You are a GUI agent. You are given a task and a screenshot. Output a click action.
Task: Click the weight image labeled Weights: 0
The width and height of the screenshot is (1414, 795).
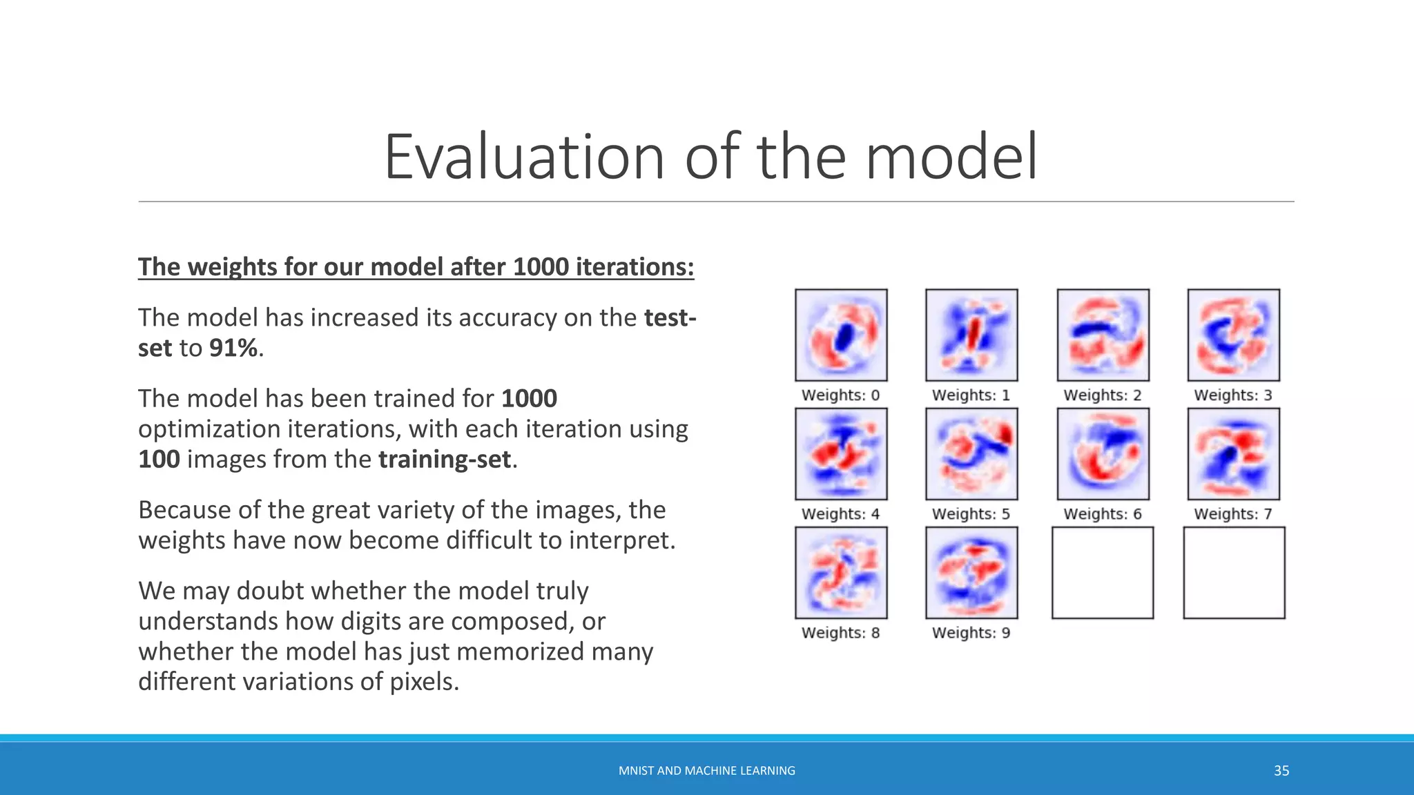841,335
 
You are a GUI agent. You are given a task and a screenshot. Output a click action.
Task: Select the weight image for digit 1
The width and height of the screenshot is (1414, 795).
971,335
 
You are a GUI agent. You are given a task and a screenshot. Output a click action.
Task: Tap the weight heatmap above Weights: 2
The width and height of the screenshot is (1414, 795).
1103,335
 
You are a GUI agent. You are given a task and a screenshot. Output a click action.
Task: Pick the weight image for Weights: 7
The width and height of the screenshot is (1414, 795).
1233,453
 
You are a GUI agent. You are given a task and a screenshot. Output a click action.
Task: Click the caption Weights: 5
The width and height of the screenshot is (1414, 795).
971,514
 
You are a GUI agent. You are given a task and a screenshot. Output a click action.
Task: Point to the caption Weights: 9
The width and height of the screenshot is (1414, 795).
971,633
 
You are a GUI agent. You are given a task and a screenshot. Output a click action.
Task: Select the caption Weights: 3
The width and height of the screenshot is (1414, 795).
1233,395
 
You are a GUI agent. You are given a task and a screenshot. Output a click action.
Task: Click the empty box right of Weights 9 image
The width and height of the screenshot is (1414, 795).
1103,573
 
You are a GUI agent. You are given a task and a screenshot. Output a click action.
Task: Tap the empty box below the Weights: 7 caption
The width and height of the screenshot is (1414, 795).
1234,573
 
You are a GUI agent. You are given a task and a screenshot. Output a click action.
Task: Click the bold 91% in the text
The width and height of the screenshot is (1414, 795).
233,348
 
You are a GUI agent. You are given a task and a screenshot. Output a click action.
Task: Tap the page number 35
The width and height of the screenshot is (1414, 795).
1281,771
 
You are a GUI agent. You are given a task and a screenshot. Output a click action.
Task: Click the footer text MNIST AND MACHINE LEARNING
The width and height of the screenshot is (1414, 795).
706,771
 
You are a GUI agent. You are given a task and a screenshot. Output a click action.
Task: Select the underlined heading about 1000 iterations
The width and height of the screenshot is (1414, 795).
416,267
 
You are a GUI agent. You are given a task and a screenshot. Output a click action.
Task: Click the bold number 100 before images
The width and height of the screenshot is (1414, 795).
159,460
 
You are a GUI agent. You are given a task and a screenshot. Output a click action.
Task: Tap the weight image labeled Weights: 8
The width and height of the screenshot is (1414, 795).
841,573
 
